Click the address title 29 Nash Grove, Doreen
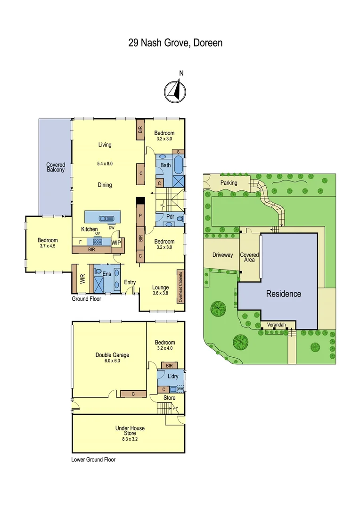(175, 43)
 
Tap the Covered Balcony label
(55, 167)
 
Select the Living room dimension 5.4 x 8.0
(105, 164)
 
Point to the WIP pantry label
(116, 242)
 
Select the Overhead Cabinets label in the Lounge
(180, 286)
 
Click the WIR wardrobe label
(82, 279)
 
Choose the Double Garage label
(112, 355)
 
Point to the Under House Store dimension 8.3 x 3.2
(130, 439)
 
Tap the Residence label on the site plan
(284, 294)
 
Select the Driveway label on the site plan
(222, 255)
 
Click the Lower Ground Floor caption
(93, 460)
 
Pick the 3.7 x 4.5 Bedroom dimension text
(48, 246)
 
